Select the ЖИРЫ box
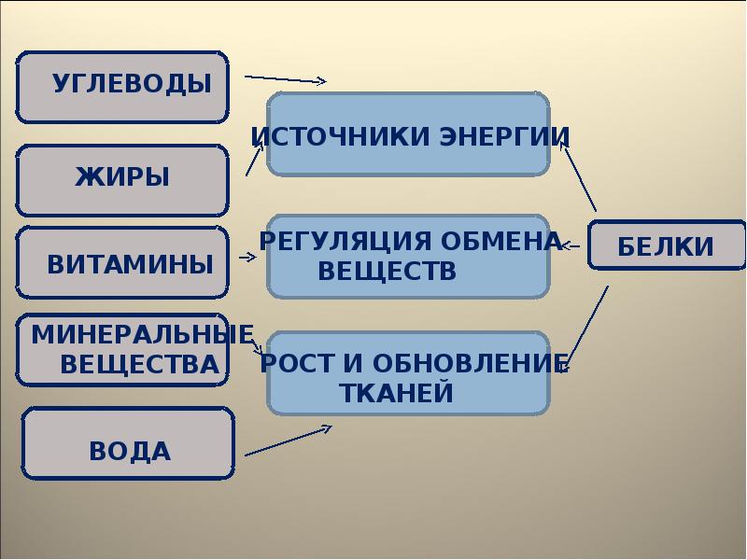[122, 177]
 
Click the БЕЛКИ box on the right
[666, 246]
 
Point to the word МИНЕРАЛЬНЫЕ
[143, 334]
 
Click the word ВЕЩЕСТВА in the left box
[140, 364]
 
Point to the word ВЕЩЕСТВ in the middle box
[388, 272]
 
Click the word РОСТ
[298, 363]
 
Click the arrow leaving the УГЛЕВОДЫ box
[285, 78]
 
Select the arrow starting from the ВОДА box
[288, 441]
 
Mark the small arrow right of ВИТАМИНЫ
[248, 257]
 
